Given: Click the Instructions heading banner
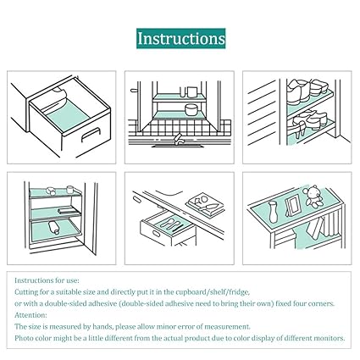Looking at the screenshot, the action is pos(181,38).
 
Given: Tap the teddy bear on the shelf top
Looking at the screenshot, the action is pos(313,197).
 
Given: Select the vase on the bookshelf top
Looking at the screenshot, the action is pos(273,212).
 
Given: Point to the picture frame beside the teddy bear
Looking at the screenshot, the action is pos(292,206).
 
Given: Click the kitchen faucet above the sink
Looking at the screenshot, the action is pos(178,139).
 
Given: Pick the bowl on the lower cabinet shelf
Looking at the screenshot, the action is pos(191,110).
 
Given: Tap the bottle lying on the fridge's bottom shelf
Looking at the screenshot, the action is pos(53,228).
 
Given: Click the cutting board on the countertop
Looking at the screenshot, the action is pos(205,203).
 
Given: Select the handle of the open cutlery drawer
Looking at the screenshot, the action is pos(156,234).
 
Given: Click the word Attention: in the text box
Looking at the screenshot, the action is pos(30,315).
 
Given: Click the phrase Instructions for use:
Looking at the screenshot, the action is pos(47,280).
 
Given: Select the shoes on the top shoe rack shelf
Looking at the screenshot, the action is pos(307,90).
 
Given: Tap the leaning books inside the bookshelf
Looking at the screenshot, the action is pos(316,228).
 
